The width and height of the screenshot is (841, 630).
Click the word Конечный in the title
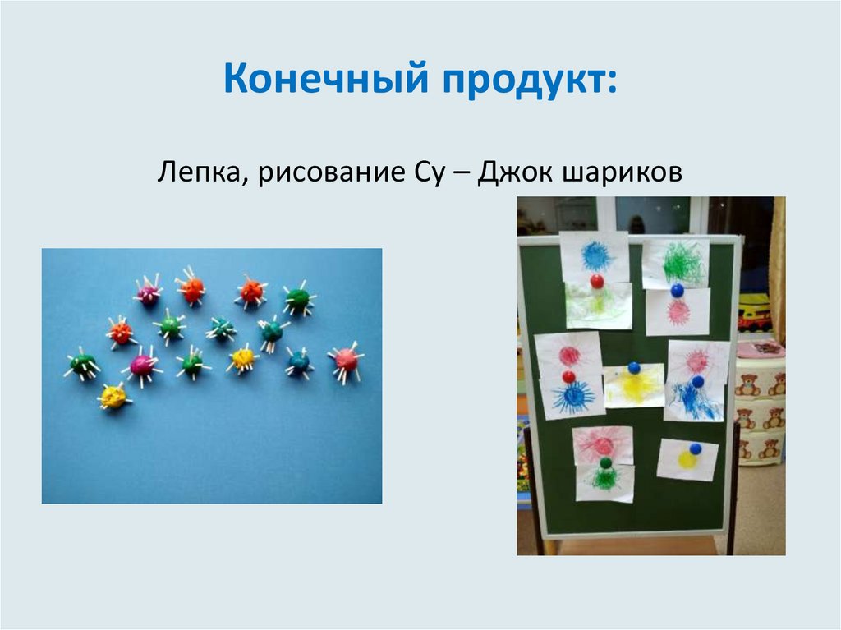click(x=325, y=83)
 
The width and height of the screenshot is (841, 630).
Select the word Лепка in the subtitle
click(x=195, y=173)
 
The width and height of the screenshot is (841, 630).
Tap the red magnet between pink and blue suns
click(x=568, y=376)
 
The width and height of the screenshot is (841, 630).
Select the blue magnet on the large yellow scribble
click(x=633, y=367)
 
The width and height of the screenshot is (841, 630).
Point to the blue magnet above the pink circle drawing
click(x=677, y=290)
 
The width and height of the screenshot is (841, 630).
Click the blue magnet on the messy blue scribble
click(x=697, y=381)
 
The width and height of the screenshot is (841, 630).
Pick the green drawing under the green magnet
click(x=605, y=481)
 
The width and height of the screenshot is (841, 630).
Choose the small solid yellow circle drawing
click(x=687, y=461)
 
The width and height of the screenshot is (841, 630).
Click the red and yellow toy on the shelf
click(x=754, y=316)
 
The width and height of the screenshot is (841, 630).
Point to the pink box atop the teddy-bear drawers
click(x=761, y=348)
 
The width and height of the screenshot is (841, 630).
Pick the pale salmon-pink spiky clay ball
click(x=347, y=360)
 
